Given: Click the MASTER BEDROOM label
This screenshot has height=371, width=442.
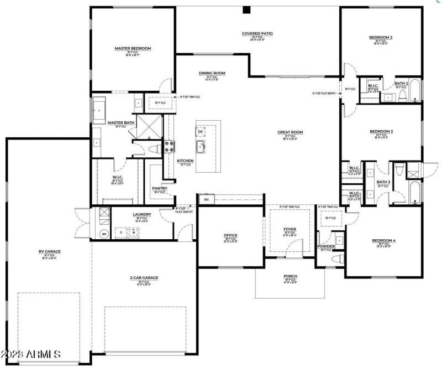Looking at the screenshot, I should point(133,49).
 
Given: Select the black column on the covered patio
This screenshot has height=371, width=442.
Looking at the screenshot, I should point(246,9).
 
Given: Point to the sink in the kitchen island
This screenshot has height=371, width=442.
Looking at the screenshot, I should point(200,146).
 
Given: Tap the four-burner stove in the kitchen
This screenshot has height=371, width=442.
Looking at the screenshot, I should point(169,147).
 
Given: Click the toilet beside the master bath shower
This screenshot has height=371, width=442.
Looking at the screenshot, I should point(155,148).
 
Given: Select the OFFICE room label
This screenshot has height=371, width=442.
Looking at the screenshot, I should point(230,235).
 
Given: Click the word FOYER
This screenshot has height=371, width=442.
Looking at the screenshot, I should point(290,229).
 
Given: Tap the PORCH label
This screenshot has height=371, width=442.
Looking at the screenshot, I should point(290,277).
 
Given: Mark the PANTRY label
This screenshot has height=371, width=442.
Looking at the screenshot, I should point(160,188).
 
